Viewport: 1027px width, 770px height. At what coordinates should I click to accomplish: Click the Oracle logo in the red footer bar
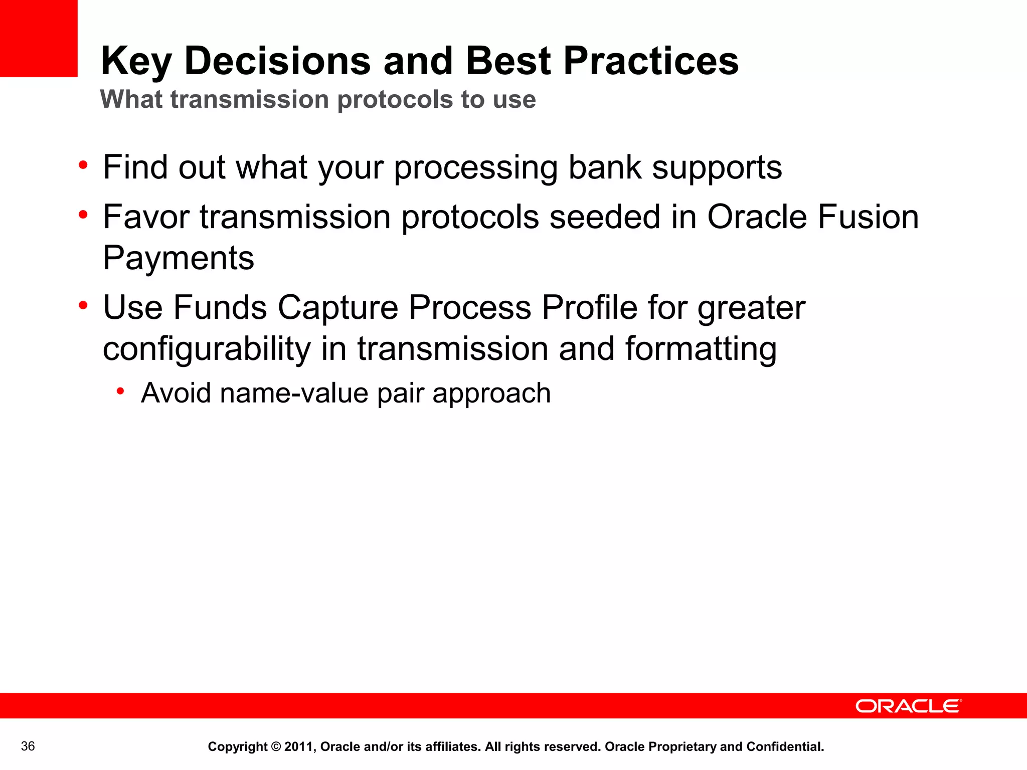coord(908,706)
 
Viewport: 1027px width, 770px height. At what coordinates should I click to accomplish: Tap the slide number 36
coord(28,746)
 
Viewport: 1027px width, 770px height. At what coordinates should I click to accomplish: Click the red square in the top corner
coord(39,38)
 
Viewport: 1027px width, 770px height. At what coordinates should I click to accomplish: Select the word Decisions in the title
coord(277,61)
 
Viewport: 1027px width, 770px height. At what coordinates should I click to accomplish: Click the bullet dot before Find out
coord(83,165)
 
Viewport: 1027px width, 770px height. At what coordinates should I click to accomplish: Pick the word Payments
coord(179,258)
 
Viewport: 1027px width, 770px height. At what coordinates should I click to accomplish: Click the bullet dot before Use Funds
coord(83,305)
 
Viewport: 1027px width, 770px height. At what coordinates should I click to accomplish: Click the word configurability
coord(207,349)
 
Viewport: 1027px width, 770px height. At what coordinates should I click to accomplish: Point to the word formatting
coord(701,349)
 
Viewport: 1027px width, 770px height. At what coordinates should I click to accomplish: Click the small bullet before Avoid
coord(120,391)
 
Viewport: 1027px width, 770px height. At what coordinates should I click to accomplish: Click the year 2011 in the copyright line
coord(298,747)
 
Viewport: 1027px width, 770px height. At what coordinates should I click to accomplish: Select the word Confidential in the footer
coord(785,747)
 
